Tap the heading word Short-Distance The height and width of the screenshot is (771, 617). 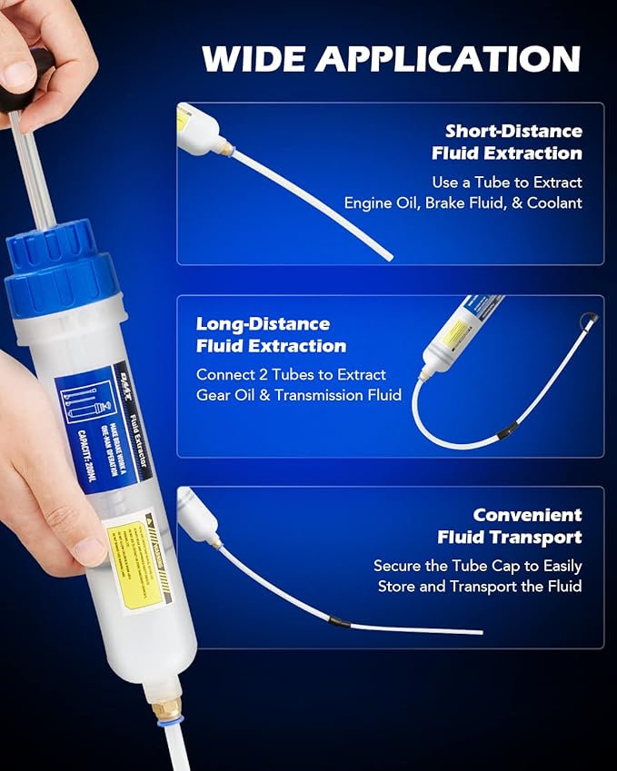click(x=513, y=131)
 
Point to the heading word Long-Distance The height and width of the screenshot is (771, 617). click(x=263, y=324)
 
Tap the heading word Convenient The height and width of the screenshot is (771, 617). click(x=528, y=515)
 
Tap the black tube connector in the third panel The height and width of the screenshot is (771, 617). click(x=337, y=621)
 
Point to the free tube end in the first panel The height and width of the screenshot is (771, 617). click(x=389, y=257)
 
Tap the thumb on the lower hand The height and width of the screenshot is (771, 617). click(x=86, y=544)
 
